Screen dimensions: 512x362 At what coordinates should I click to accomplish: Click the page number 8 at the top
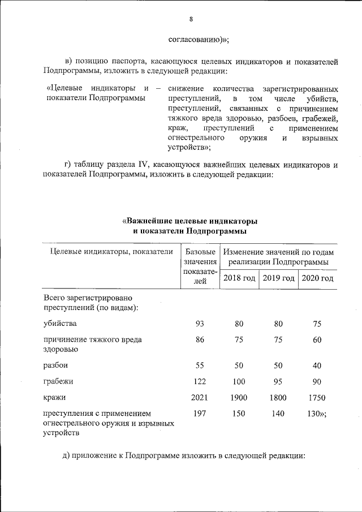(191, 19)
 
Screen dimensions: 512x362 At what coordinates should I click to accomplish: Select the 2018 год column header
(239, 278)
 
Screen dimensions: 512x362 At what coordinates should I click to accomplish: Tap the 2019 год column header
(278, 278)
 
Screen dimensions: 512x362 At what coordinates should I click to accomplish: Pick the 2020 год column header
(317, 278)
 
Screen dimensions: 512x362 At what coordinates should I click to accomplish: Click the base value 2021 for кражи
(199, 398)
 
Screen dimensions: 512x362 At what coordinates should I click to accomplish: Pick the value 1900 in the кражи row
(239, 398)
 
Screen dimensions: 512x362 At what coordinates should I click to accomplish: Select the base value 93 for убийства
(199, 324)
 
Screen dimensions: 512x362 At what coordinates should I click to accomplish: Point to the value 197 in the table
(199, 414)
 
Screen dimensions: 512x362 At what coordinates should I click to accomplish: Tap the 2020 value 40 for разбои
(317, 365)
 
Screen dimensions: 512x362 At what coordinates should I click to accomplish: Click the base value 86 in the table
(199, 340)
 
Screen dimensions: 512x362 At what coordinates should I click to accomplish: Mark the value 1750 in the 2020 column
(317, 398)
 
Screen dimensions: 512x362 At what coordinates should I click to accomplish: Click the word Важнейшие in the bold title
(152, 220)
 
